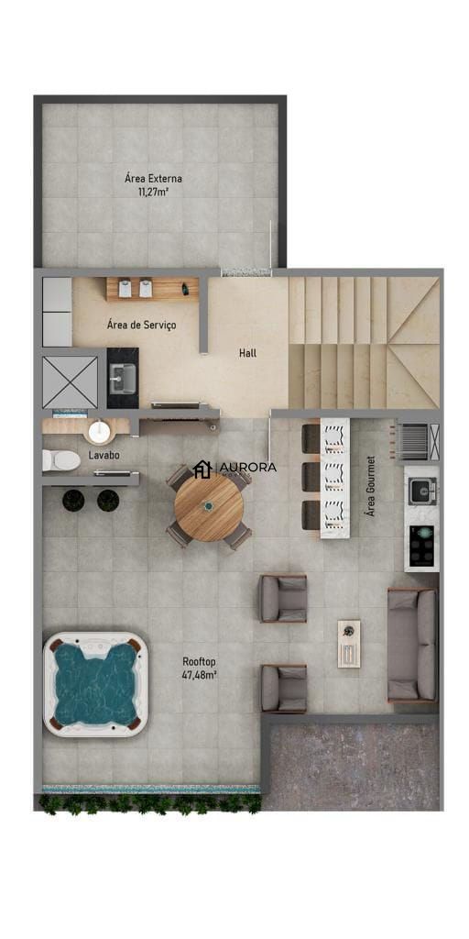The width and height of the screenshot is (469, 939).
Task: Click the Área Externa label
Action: point(153,179)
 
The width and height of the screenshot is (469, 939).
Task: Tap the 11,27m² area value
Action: point(153,193)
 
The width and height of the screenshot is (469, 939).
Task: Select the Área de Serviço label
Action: point(141,326)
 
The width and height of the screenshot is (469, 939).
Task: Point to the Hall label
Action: point(247,352)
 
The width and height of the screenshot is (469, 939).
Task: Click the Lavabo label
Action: point(104,455)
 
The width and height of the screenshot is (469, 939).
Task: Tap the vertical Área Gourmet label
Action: point(371,486)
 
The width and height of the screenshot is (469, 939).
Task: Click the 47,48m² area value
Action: point(199,675)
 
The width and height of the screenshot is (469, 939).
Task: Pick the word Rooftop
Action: point(199,661)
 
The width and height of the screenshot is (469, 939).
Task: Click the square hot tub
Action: point(95,683)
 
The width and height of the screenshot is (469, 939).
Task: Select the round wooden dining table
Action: point(209,507)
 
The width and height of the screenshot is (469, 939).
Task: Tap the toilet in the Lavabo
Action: point(61,459)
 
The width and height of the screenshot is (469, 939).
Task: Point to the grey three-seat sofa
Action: point(412,646)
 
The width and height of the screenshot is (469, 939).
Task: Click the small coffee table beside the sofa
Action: point(349,643)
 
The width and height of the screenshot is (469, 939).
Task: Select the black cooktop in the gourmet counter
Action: point(421,546)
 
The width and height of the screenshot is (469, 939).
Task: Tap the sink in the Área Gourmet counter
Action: point(421,492)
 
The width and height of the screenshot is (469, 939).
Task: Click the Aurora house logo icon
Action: point(202,469)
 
